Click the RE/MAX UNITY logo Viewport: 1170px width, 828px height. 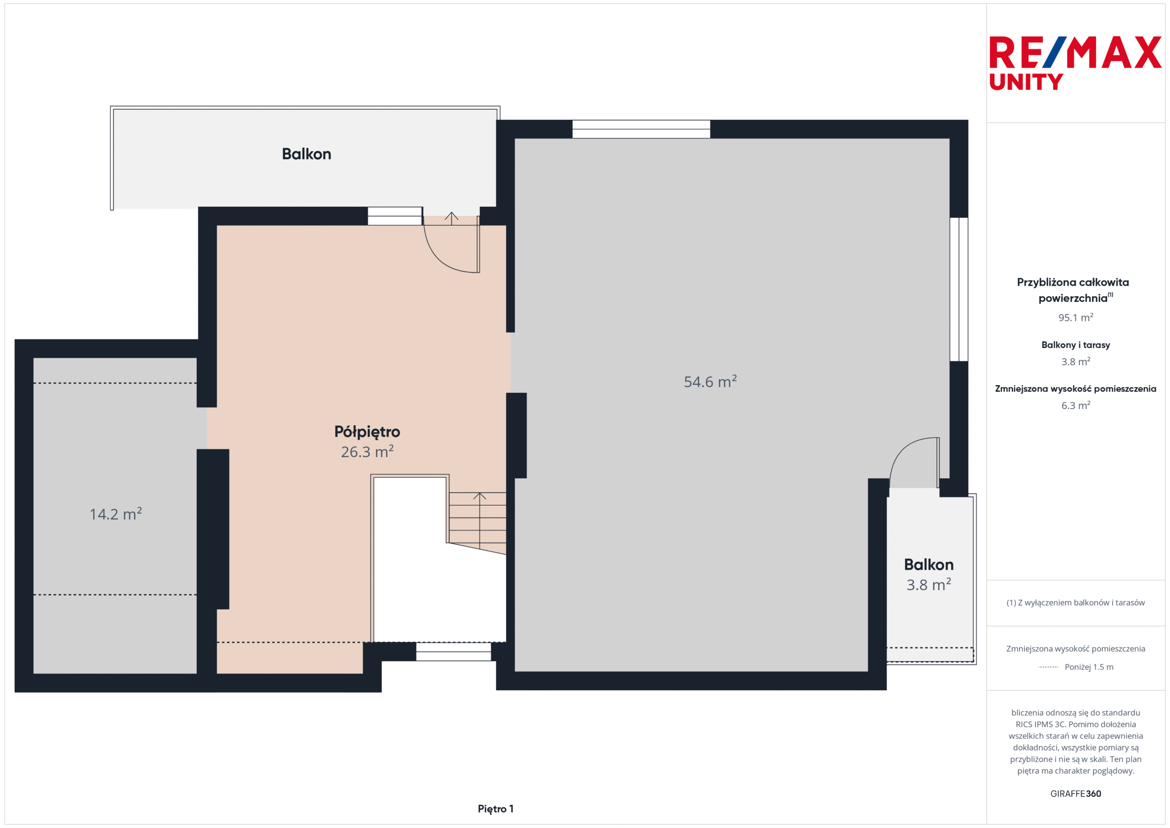1075,63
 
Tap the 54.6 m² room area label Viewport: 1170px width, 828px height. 710,381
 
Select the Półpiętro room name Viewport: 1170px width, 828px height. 367,432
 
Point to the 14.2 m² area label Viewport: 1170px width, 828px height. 116,513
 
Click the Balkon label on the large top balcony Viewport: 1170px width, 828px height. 306,154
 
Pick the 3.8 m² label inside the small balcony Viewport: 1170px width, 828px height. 928,584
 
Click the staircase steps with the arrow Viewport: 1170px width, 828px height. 477,522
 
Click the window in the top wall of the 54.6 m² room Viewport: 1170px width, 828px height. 641,129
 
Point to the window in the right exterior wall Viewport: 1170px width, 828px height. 958,289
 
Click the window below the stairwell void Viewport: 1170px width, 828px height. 453,652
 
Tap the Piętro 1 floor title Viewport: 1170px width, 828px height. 495,809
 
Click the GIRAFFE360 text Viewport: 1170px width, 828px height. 1075,793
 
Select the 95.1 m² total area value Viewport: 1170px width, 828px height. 1075,318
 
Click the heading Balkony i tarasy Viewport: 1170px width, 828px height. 1075,345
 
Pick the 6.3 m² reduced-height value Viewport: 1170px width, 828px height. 1075,406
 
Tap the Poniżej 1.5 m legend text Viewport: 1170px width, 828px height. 1089,667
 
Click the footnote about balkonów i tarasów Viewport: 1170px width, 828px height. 1075,603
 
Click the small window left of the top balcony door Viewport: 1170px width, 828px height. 395,216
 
